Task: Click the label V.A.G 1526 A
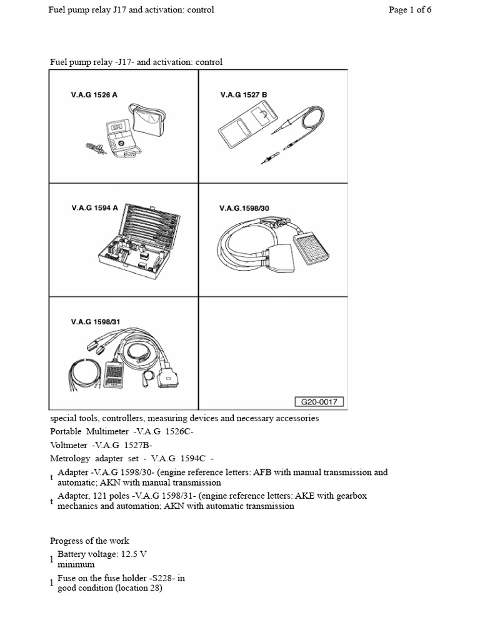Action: (x=94, y=95)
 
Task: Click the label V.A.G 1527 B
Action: (x=243, y=95)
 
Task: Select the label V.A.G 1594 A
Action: (x=94, y=208)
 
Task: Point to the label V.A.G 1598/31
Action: (x=95, y=322)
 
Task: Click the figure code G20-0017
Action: (x=319, y=402)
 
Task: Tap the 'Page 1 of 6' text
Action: (x=410, y=10)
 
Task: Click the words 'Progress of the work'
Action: (x=89, y=541)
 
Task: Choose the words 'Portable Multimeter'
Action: (x=87, y=431)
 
